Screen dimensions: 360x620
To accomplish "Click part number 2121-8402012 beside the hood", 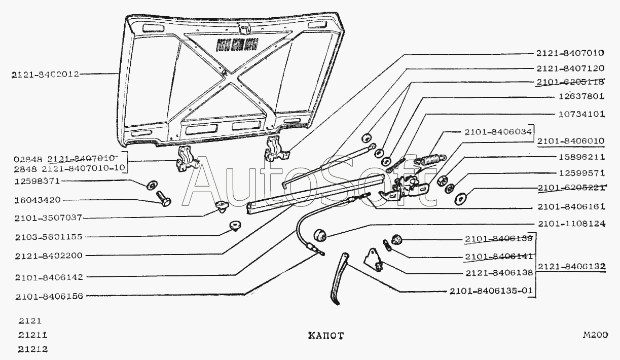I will point(45,75).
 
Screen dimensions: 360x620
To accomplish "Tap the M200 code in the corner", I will point(595,335).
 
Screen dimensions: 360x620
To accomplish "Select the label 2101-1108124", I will point(571,224).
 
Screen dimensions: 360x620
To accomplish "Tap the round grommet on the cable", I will point(320,235).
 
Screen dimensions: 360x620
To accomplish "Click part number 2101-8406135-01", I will point(490,292).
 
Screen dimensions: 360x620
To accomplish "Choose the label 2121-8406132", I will point(572,266).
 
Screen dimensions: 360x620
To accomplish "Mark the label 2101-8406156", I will point(49,296).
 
